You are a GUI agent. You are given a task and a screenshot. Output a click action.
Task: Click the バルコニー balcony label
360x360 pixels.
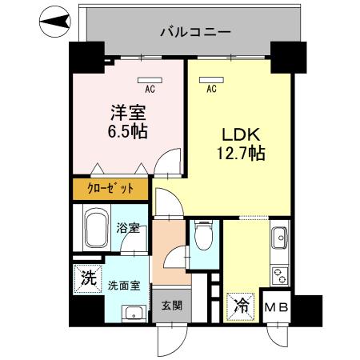click(195, 33)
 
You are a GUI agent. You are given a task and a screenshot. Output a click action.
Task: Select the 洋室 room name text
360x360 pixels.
click(126, 112)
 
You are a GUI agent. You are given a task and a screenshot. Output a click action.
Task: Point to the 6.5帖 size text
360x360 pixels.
click(126, 130)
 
